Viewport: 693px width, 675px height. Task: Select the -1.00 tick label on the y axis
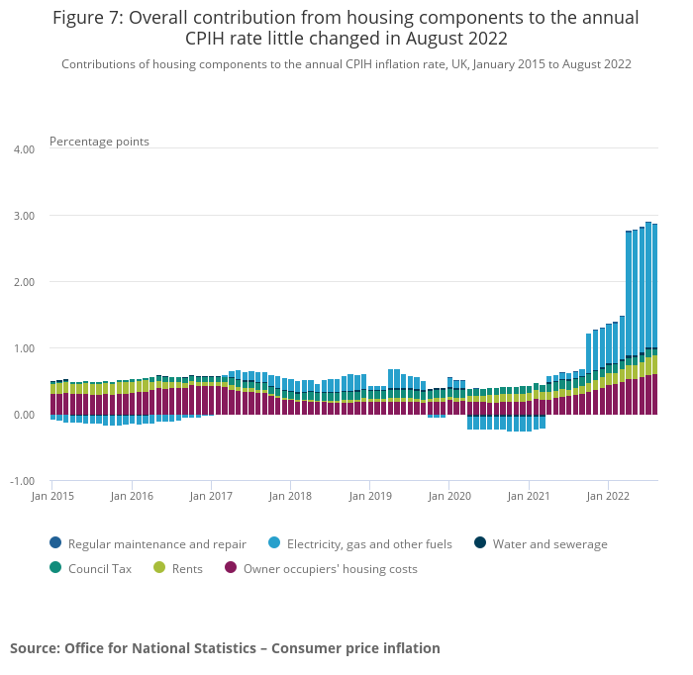(21, 481)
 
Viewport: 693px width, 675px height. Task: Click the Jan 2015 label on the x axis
(53, 495)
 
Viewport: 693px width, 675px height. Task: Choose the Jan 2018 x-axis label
(290, 495)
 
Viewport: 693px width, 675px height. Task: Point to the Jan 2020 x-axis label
(449, 495)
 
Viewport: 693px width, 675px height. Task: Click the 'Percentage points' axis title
(99, 142)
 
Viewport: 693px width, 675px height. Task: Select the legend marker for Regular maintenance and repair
(54, 543)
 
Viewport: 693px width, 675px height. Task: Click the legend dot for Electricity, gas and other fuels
(274, 543)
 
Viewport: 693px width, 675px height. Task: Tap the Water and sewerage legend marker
(480, 543)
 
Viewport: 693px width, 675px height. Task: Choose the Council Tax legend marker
(54, 568)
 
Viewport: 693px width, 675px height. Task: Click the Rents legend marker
(159, 568)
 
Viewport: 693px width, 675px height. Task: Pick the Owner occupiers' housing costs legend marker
(231, 568)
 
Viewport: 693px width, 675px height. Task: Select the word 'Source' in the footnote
(34, 648)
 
